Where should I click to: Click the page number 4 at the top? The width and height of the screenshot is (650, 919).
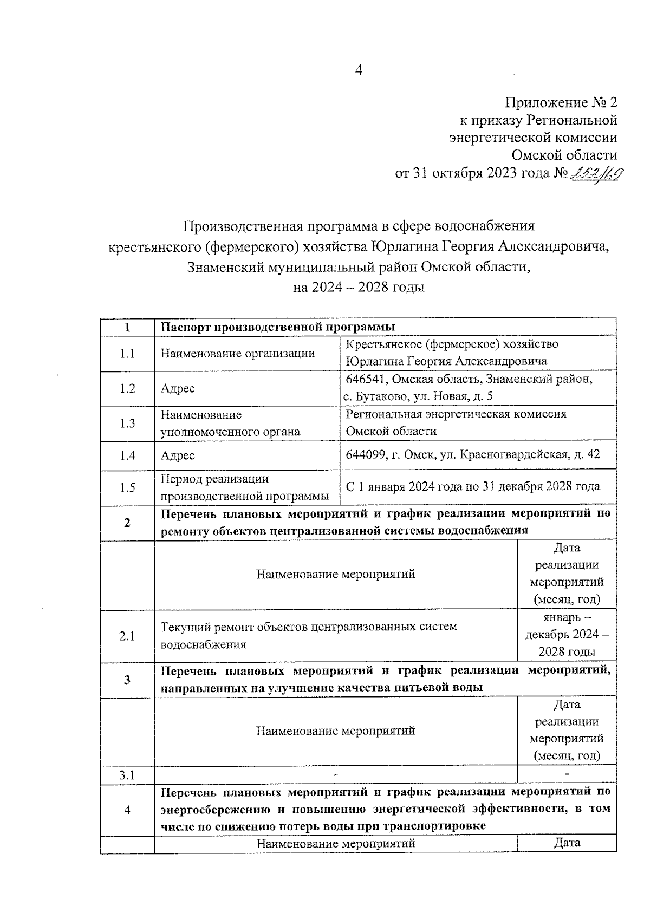tap(357, 70)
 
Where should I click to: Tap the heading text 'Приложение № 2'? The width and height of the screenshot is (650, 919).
tap(561, 102)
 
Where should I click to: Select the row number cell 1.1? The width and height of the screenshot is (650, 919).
tap(127, 354)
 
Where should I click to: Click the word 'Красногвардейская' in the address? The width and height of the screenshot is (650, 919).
tap(514, 454)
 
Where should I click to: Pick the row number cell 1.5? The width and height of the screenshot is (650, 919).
tap(127, 487)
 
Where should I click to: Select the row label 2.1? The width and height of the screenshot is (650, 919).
tap(127, 636)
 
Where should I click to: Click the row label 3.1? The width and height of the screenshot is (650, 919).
tap(127, 775)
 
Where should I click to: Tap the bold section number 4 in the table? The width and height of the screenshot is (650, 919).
tap(127, 810)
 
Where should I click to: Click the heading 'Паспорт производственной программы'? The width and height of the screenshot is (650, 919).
tap(278, 327)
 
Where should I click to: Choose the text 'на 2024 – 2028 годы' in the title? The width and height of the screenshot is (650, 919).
tap(358, 287)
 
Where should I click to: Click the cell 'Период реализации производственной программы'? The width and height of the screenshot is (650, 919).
tap(245, 487)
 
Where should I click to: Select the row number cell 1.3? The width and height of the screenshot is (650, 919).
tap(127, 423)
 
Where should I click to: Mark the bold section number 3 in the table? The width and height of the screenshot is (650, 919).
tap(127, 679)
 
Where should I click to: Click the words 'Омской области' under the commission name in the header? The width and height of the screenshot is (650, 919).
tap(564, 155)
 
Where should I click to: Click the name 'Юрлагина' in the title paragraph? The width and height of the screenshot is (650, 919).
tap(404, 247)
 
